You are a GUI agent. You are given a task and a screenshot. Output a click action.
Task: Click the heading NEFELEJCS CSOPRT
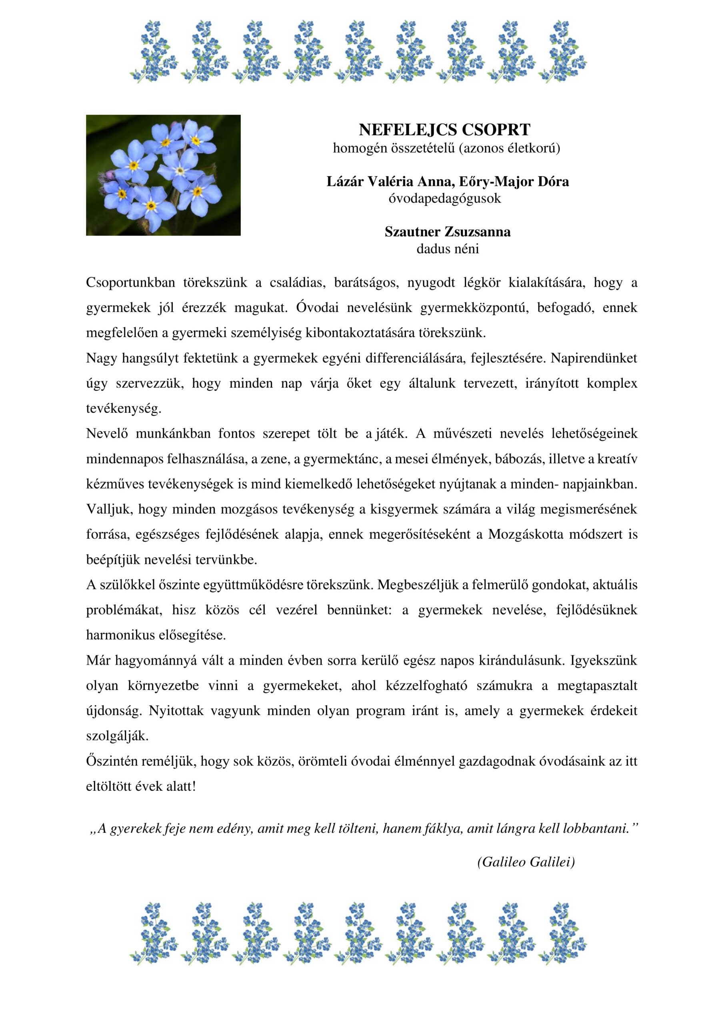(444, 130)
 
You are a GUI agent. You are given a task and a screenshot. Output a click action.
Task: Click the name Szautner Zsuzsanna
(448, 232)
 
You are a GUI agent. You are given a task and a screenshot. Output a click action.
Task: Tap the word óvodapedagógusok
(444, 198)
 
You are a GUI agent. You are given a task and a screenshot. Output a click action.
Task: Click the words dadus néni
(448, 249)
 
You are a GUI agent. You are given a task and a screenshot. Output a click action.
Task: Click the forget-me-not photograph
(163, 175)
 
